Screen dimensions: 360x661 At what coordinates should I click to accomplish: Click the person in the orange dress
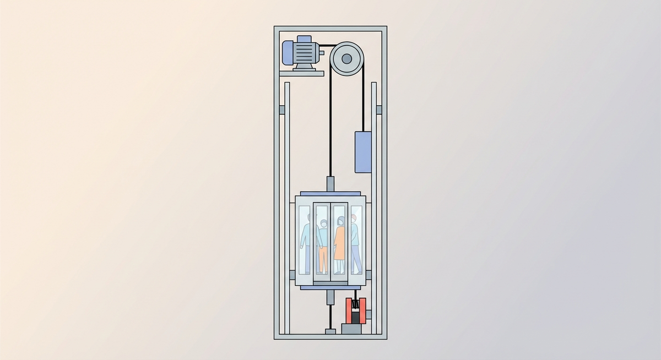pyautogui.click(x=339, y=242)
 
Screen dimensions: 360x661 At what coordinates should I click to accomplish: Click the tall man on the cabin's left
pyautogui.click(x=306, y=242)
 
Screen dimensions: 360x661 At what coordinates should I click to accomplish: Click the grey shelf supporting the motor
pyautogui.click(x=300, y=73)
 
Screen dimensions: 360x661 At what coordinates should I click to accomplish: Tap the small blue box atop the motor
pyautogui.click(x=303, y=39)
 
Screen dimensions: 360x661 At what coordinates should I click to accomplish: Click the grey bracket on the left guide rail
pyautogui.click(x=282, y=110)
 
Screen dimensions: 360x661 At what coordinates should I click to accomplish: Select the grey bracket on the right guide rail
pyautogui.click(x=378, y=110)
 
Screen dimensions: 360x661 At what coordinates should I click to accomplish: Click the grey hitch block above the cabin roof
pyautogui.click(x=330, y=184)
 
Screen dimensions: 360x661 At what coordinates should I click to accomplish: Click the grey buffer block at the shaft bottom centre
pyautogui.click(x=330, y=331)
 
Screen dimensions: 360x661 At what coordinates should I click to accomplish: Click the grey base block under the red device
pyautogui.click(x=353, y=329)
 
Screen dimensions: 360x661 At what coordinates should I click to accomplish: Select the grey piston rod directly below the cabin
pyautogui.click(x=330, y=298)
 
